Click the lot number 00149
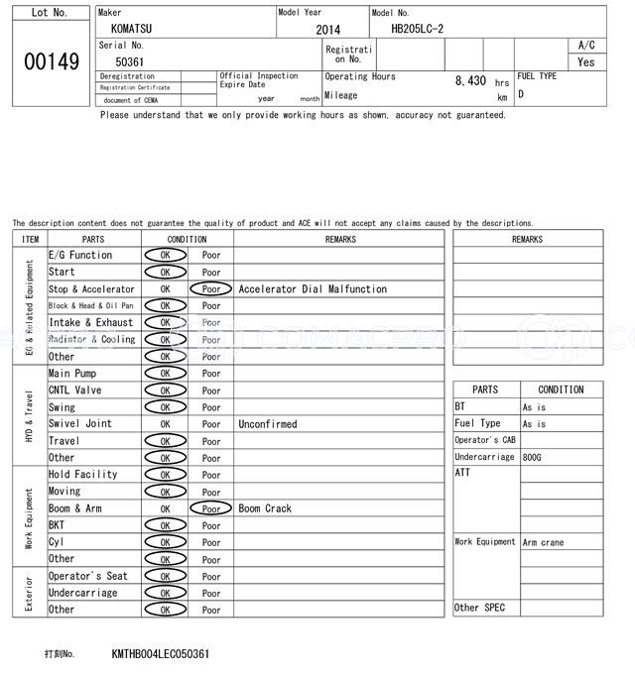pyautogui.click(x=52, y=61)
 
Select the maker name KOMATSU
pyautogui.click(x=133, y=30)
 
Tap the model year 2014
pyautogui.click(x=327, y=30)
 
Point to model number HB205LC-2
pyautogui.click(x=418, y=29)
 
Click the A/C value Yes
pyautogui.click(x=586, y=61)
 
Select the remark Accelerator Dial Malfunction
pyautogui.click(x=313, y=289)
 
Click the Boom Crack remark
pyautogui.click(x=265, y=508)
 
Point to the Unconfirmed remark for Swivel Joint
pyautogui.click(x=267, y=424)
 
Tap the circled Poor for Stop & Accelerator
pyautogui.click(x=210, y=289)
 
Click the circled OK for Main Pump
pyautogui.click(x=165, y=374)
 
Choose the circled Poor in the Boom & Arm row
pyautogui.click(x=210, y=508)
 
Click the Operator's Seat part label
pyautogui.click(x=87, y=576)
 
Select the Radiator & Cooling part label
pyautogui.click(x=91, y=340)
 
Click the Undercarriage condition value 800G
pyautogui.click(x=534, y=457)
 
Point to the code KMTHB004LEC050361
pyautogui.click(x=161, y=655)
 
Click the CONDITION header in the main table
pyautogui.click(x=187, y=239)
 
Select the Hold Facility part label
pyautogui.click(x=82, y=475)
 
